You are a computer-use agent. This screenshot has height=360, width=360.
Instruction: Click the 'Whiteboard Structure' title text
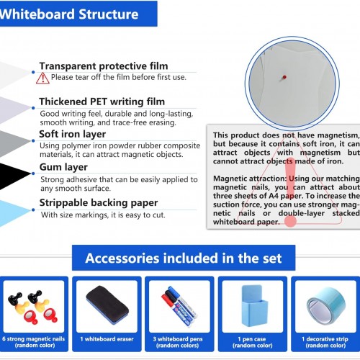click(x=69, y=14)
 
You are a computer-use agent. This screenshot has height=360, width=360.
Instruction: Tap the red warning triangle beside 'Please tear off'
click(x=42, y=78)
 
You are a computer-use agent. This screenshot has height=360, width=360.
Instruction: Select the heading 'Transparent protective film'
click(x=104, y=66)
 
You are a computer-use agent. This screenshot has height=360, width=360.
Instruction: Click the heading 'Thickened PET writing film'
click(x=102, y=102)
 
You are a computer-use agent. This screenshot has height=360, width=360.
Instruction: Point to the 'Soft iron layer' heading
click(x=73, y=134)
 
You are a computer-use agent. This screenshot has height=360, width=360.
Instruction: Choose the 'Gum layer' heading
click(x=63, y=167)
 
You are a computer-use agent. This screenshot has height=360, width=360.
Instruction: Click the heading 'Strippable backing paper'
click(x=99, y=203)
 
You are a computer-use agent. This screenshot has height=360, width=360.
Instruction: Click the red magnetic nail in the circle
click(x=284, y=77)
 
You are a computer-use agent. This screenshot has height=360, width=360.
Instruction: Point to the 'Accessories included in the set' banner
click(x=184, y=258)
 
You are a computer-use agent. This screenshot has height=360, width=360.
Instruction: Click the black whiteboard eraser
click(x=107, y=305)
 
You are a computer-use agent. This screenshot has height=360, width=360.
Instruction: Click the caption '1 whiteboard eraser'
click(x=107, y=339)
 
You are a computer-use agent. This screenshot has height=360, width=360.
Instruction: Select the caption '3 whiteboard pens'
click(x=178, y=339)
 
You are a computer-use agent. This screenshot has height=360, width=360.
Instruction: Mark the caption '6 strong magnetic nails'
click(x=34, y=339)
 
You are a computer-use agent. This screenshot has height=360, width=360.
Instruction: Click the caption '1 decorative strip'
click(x=325, y=339)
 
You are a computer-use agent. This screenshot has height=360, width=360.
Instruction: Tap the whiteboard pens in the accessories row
click(x=179, y=306)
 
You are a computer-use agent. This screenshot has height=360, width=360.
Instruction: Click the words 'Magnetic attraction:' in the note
click(x=250, y=179)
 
